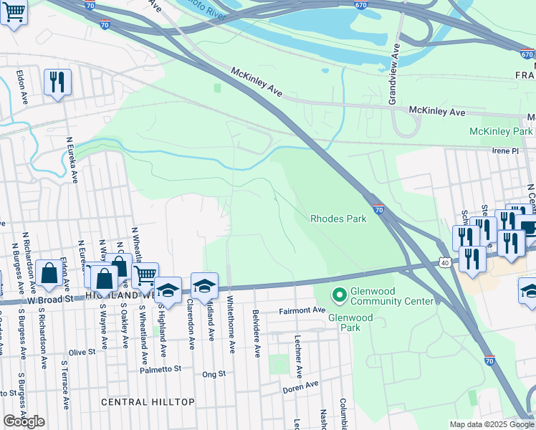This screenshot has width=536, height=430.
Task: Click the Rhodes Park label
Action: point(338,219)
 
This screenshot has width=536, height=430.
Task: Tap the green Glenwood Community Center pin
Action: point(338,294)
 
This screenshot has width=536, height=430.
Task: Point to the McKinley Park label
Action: point(501,132)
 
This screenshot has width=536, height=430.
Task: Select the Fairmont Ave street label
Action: point(302,310)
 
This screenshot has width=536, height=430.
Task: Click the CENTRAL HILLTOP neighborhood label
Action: point(148,402)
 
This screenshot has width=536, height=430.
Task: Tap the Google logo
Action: point(24,421)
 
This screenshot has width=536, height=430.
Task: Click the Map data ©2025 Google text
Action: point(492,425)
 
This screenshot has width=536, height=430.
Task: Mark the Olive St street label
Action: point(82,353)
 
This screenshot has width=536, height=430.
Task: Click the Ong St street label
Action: point(214,374)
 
